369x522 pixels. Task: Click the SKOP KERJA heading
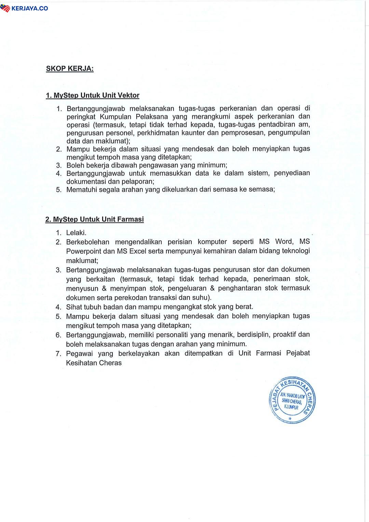tap(70, 68)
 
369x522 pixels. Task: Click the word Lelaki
tap(76, 233)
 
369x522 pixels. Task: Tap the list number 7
tap(58, 354)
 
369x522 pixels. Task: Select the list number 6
tap(58, 335)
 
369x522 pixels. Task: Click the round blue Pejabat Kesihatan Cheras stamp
tap(292, 400)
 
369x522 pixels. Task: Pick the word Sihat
tap(73, 307)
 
